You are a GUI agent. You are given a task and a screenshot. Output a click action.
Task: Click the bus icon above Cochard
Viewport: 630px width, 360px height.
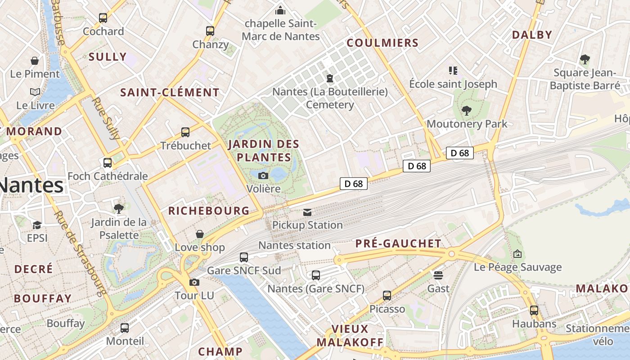point(103,18)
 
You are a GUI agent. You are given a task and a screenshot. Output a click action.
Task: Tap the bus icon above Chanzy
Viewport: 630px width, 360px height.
point(210,31)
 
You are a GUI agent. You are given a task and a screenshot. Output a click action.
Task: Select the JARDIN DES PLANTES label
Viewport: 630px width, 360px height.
point(264,151)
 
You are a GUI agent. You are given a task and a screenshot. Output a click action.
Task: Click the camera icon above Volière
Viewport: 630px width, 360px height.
point(263,175)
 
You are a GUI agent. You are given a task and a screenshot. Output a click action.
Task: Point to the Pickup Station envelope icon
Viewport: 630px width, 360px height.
point(307,212)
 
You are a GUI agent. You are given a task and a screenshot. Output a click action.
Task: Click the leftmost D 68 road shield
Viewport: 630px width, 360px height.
point(354,184)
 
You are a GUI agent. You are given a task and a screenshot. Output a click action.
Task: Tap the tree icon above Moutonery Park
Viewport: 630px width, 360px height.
point(467,110)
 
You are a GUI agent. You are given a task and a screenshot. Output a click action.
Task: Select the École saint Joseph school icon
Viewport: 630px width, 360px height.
point(453,70)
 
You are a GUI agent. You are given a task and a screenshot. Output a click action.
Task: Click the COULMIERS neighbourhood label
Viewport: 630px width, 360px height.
point(382,43)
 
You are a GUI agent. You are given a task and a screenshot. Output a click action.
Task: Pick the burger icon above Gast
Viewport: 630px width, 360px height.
point(438,275)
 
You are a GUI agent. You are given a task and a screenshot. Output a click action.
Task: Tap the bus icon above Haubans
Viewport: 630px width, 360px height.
point(534,310)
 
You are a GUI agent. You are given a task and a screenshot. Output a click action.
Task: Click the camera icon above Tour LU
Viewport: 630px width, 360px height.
point(194,282)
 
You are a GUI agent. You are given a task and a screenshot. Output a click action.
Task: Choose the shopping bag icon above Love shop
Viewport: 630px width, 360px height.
point(200,234)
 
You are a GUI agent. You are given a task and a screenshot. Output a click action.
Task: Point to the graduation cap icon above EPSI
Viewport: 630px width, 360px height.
point(37,225)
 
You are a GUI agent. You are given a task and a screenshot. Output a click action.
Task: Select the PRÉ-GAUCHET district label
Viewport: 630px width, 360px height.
point(398,243)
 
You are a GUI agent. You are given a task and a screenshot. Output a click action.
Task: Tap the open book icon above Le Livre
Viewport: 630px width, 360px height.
point(35,92)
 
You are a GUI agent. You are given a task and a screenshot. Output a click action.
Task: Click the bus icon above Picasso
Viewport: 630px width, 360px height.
point(387,296)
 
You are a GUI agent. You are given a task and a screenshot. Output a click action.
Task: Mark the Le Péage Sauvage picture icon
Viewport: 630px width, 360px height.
point(517,254)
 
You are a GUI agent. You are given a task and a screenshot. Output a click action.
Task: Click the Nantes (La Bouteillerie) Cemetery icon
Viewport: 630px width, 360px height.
point(330,78)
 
